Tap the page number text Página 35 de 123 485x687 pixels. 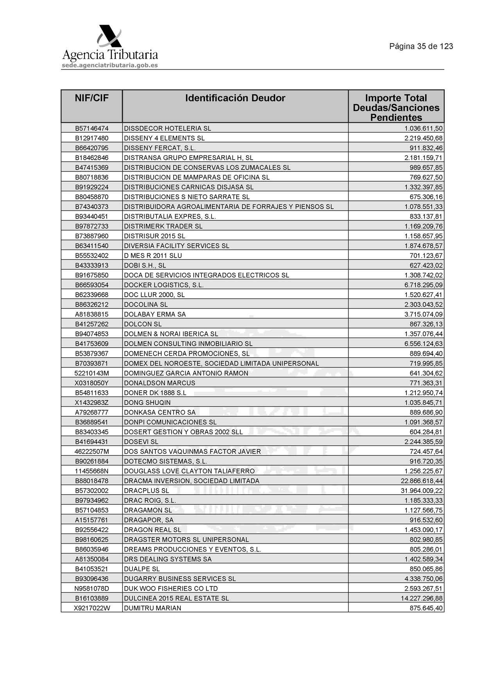[421, 46]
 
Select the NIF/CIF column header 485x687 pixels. [92, 98]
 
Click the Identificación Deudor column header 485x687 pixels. [235, 98]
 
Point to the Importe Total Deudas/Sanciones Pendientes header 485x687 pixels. [396, 108]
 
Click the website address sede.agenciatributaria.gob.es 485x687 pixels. [110, 65]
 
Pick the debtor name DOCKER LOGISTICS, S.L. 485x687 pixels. [163, 285]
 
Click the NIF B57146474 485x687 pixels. [92, 128]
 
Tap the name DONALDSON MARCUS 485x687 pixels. [159, 383]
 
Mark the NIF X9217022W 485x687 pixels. [92, 608]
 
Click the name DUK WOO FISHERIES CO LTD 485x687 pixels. [171, 588]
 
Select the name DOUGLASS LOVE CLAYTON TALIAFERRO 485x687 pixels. [189, 471]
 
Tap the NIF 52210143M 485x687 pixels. [92, 373]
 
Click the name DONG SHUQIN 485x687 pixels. [147, 402]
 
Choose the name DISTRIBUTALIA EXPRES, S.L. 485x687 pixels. [170, 216]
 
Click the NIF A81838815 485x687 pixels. [92, 314]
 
